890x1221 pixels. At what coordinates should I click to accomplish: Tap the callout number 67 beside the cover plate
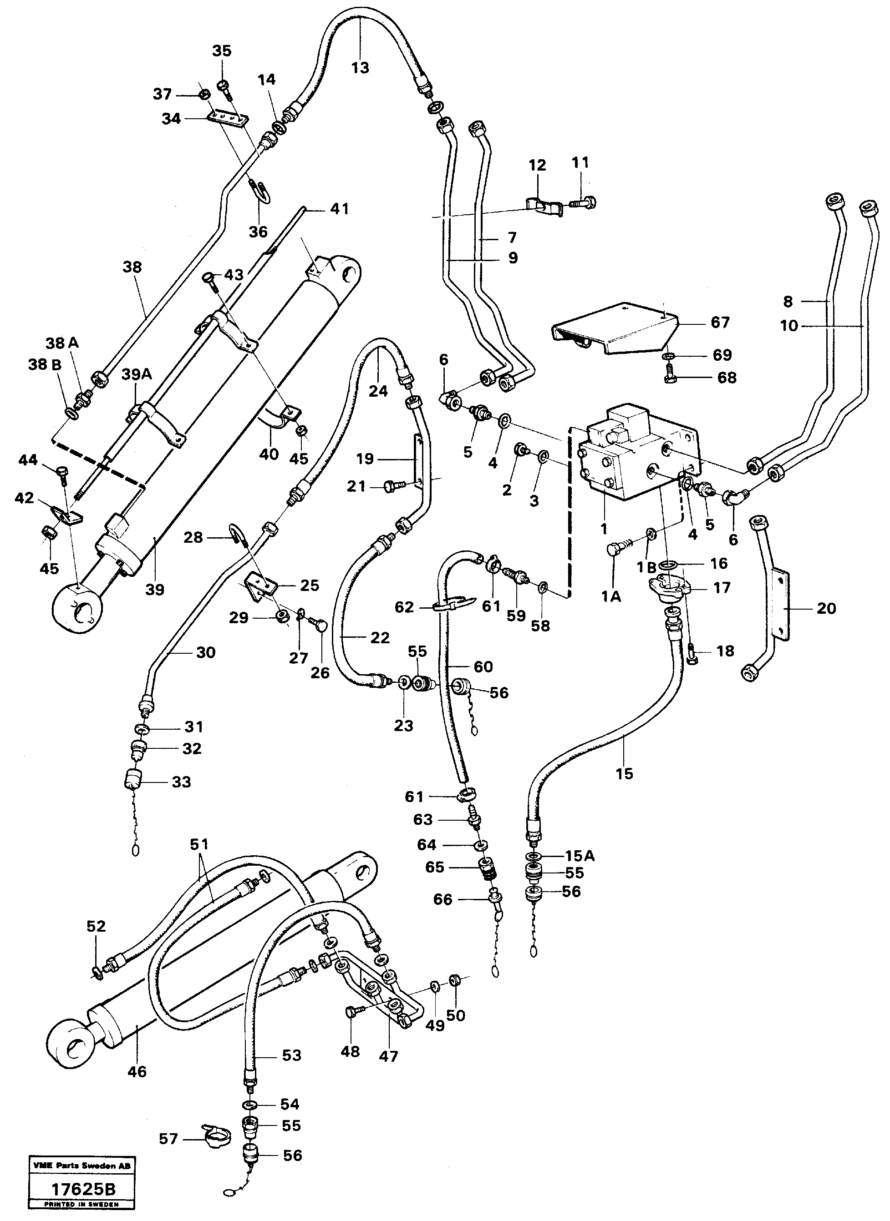pyautogui.click(x=720, y=323)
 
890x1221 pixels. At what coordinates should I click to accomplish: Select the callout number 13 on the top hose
pyautogui.click(x=361, y=68)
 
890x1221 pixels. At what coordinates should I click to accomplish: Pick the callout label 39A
pyautogui.click(x=136, y=374)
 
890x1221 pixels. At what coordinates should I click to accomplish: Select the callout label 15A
pyautogui.click(x=580, y=855)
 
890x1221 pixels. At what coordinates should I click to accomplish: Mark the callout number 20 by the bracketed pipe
pyautogui.click(x=826, y=608)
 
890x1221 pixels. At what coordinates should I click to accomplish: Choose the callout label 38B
pyautogui.click(x=45, y=364)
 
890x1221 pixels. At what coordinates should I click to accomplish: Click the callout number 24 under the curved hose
pyautogui.click(x=378, y=391)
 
